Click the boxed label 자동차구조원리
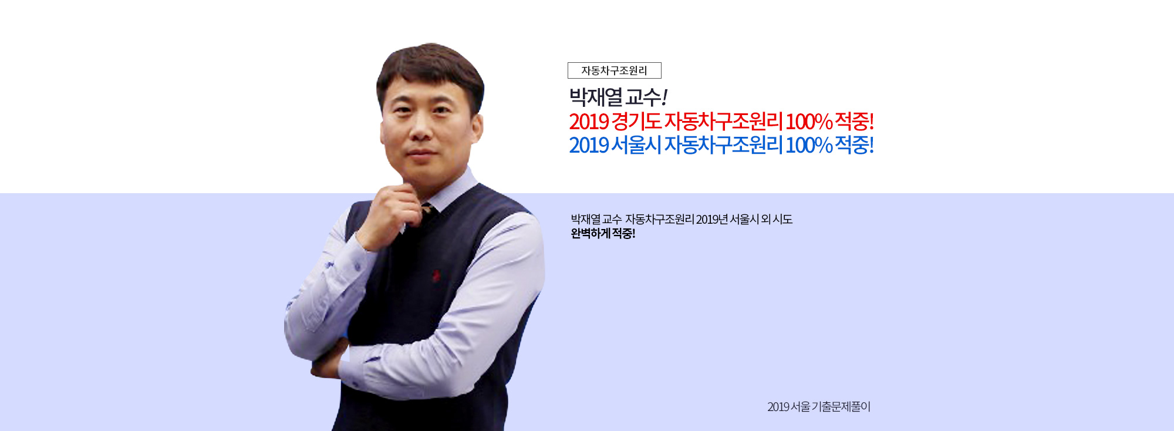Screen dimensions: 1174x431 614,70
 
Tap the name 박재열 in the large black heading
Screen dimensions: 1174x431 596,97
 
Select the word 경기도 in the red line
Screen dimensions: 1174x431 637,122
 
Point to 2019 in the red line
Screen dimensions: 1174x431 589,122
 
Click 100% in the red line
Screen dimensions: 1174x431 809,122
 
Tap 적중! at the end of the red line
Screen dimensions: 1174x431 855,122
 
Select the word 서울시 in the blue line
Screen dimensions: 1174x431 637,144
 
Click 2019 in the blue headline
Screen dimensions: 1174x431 589,145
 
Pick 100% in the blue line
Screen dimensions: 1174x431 809,145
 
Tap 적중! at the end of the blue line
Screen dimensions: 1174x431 855,144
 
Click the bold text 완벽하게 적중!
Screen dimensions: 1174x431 603,234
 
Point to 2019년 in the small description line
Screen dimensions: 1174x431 712,220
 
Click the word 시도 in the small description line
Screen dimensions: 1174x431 782,220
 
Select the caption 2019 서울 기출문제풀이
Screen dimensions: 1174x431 819,407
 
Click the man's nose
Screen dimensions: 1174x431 421,130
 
